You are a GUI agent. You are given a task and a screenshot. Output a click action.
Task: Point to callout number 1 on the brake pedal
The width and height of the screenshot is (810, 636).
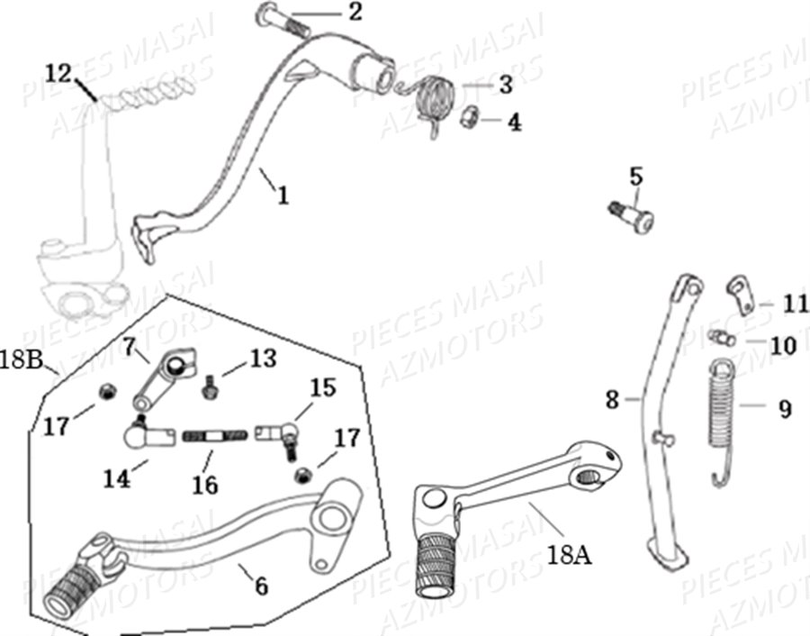click(x=283, y=194)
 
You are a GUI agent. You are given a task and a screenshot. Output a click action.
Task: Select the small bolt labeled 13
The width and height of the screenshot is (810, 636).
click(x=210, y=386)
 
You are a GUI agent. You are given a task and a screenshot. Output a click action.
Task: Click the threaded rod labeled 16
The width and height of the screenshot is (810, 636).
click(x=215, y=437)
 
